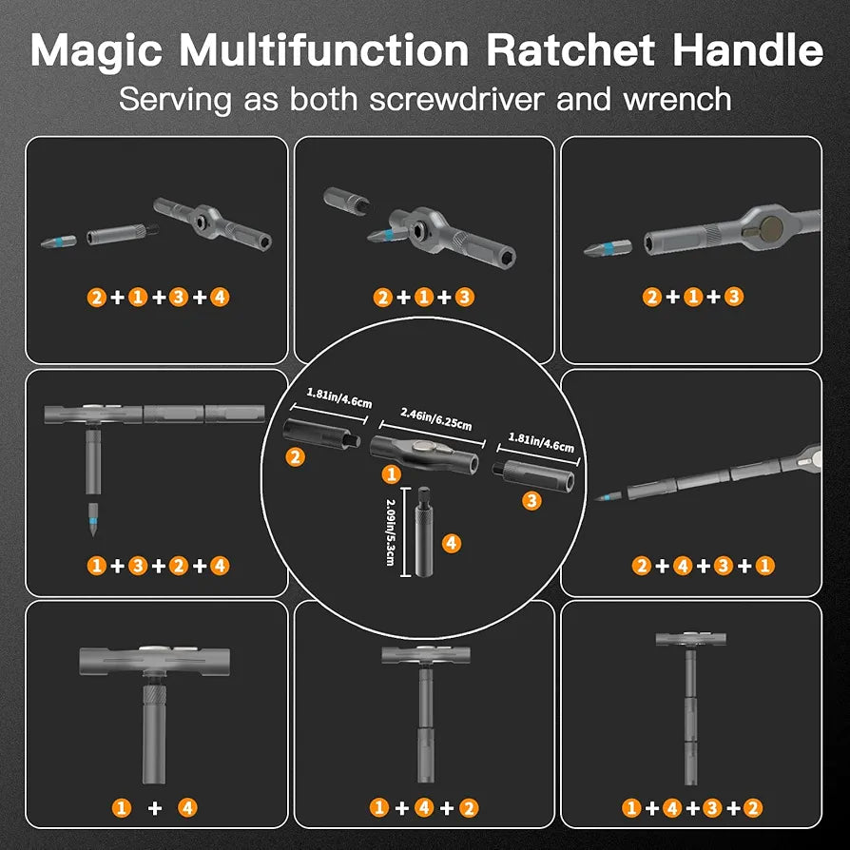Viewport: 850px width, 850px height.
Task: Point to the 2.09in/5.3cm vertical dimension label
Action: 389,532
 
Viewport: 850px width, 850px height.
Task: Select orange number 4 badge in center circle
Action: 452,543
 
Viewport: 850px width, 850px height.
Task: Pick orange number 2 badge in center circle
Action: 296,457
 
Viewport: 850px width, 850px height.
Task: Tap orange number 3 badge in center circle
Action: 531,501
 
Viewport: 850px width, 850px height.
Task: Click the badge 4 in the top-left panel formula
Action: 221,297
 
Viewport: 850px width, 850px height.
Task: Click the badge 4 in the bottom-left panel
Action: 187,808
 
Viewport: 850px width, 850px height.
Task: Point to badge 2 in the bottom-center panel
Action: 468,808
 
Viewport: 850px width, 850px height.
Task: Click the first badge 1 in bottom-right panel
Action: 630,808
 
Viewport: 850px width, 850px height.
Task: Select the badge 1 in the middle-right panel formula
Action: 765,566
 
